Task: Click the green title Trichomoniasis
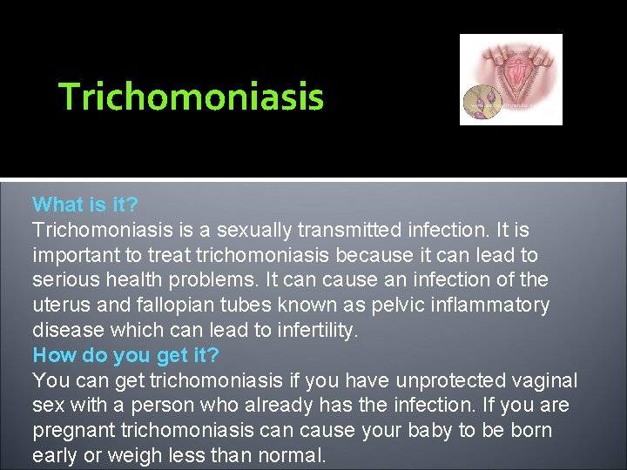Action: pyautogui.click(x=191, y=97)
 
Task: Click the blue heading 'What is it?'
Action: pyautogui.click(x=85, y=205)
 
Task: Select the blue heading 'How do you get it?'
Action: pyautogui.click(x=126, y=355)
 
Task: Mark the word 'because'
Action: pyautogui.click(x=417, y=255)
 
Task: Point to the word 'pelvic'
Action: pyautogui.click(x=382, y=305)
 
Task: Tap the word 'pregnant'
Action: pyautogui.click(x=72, y=431)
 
